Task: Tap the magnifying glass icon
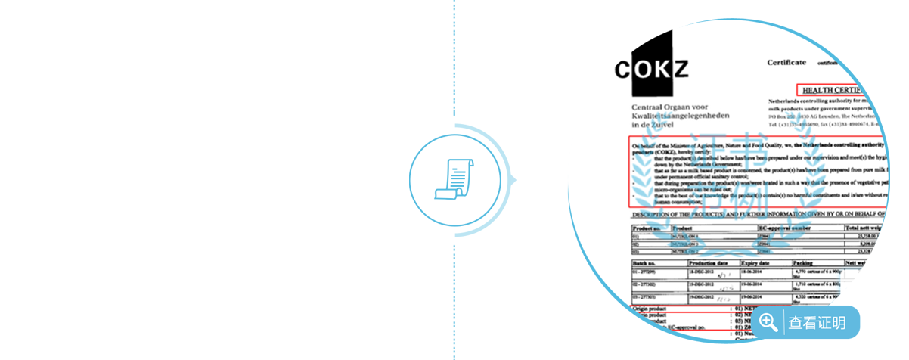[x=768, y=322]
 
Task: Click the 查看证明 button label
[x=817, y=323]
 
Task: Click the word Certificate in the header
[x=786, y=63]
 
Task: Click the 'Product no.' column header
[x=647, y=227]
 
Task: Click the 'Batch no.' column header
[x=644, y=262]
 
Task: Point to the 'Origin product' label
[x=649, y=310]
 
